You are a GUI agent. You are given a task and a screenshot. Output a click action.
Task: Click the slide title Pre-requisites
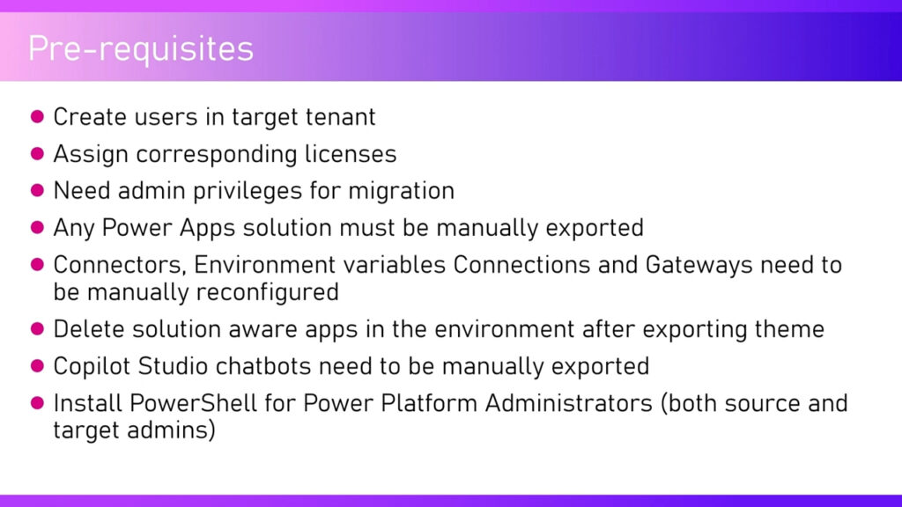click(x=141, y=49)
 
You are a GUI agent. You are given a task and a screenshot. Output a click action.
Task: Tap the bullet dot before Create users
click(x=37, y=117)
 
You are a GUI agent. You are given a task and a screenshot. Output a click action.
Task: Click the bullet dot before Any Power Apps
click(x=37, y=228)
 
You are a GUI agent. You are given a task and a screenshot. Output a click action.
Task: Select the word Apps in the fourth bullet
click(x=208, y=228)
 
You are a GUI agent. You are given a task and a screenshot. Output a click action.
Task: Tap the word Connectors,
click(x=120, y=265)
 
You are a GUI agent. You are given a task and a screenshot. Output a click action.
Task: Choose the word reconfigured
click(x=268, y=292)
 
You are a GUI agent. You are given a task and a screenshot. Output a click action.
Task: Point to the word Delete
click(x=89, y=329)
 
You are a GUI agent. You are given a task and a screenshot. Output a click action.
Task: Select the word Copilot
click(x=92, y=366)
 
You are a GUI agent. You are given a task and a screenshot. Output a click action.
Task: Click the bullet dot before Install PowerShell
click(x=37, y=403)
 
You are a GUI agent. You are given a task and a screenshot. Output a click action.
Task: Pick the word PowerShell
click(x=193, y=403)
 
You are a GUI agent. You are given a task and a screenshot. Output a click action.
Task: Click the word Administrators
click(x=568, y=403)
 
